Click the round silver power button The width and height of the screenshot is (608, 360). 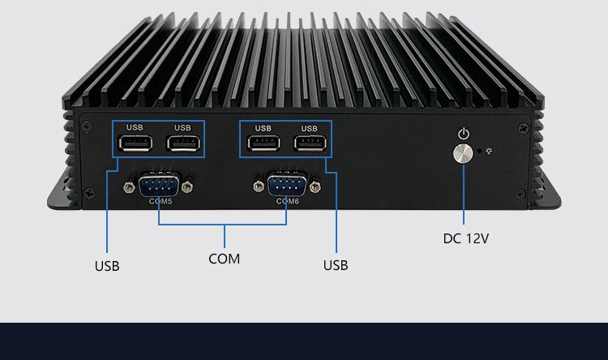(464, 154)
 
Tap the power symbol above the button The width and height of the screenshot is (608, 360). (464, 133)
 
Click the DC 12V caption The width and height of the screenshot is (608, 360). (465, 238)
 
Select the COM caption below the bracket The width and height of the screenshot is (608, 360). (224, 259)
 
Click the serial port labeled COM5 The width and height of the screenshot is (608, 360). (158, 186)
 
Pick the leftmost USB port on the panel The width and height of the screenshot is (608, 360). (135, 144)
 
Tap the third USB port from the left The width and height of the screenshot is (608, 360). (263, 144)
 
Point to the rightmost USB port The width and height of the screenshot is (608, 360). (309, 144)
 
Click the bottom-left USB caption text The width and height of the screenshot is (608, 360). (107, 265)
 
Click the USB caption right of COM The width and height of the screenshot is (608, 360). (336, 265)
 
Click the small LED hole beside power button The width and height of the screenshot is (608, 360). (480, 150)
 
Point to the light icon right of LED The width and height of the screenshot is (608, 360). (489, 150)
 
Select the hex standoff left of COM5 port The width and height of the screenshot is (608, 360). (128, 187)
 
